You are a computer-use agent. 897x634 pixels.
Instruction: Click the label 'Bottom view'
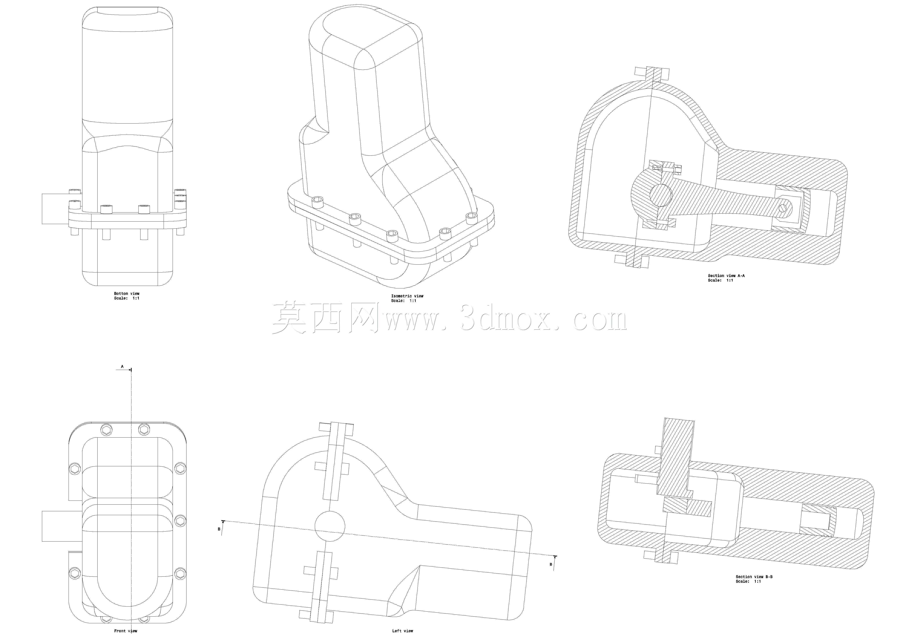pos(127,294)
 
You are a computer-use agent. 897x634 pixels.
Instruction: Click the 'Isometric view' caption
pos(407,296)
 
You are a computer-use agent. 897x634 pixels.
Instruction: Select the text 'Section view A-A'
pos(726,276)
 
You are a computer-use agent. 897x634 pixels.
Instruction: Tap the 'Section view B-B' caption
pos(754,577)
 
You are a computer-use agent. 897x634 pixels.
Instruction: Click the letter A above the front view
pos(122,366)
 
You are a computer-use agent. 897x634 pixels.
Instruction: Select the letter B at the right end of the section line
pos(551,564)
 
